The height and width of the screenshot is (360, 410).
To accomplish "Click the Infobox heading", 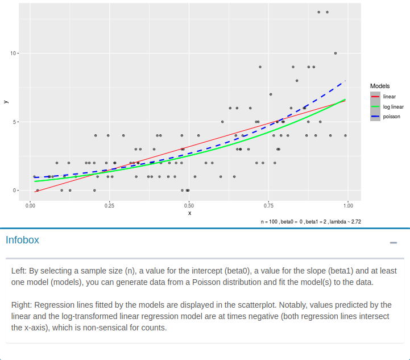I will pos(23,240).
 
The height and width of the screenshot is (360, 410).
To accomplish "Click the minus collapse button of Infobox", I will pos(393,243).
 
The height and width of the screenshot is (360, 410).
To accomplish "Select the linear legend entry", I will pos(390,97).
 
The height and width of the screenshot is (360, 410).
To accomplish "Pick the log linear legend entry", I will pos(393,106).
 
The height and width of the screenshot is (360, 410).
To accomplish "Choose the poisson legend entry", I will pos(391,116).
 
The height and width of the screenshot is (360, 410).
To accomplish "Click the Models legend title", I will pos(380,86).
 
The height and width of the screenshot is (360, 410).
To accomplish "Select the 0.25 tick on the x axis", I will pos(110,205).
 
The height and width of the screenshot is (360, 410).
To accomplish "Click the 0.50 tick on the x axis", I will pos(189,205).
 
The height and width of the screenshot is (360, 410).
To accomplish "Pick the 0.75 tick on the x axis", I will pos(269,205).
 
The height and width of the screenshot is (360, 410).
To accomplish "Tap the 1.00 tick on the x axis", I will pos(348,205).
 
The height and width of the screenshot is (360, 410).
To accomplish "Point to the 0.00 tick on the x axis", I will pos(31,205).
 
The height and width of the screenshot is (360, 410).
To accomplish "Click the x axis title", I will pos(189,213).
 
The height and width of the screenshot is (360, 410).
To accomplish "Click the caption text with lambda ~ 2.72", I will pos(310,221).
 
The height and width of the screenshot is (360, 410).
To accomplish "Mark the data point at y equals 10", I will pos(336,53).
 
